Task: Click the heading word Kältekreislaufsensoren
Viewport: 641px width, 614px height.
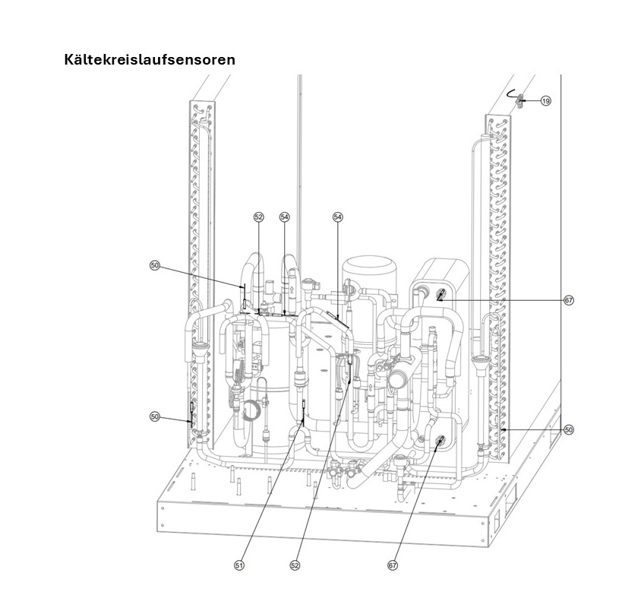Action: pos(150,60)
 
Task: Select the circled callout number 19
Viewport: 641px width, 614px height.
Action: pos(546,100)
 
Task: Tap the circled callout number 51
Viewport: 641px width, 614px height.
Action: pos(239,565)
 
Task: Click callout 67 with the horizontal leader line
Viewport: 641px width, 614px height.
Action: pos(569,301)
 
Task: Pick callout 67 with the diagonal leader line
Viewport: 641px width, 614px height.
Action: pos(393,565)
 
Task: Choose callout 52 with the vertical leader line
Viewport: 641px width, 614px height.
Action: pos(259,217)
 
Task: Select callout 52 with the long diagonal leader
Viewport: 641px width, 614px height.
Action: pos(295,565)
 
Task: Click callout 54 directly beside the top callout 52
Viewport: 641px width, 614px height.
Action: pos(285,217)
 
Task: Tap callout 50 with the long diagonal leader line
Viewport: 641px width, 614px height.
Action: pos(154,265)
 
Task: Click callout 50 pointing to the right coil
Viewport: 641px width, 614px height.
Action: pos(569,430)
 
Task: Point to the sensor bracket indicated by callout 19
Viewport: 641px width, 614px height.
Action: pos(520,100)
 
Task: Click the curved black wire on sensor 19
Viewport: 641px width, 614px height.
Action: pos(511,93)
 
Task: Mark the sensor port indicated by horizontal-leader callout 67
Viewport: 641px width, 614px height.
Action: pos(441,294)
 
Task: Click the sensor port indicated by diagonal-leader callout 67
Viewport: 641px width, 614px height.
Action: pos(440,442)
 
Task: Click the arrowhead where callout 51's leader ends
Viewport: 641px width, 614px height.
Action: pos(303,421)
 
